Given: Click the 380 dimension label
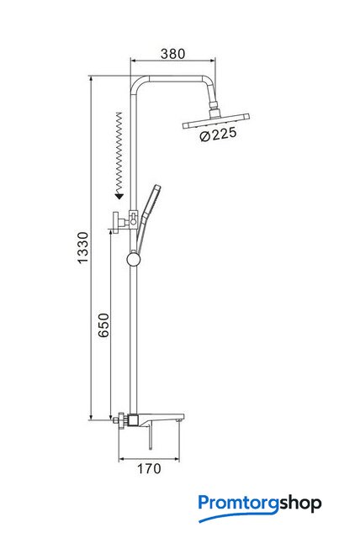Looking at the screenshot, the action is pyautogui.click(x=173, y=54).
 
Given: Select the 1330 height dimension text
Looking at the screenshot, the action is pyautogui.click(x=82, y=247).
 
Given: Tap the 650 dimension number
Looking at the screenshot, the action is pyautogui.click(x=103, y=325).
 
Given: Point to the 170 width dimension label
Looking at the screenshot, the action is pyautogui.click(x=149, y=468).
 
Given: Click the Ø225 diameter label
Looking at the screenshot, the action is pyautogui.click(x=218, y=134).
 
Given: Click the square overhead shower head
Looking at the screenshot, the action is pyautogui.click(x=216, y=121).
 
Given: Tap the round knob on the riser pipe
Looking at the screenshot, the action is pyautogui.click(x=134, y=259).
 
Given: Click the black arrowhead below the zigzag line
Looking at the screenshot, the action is pyautogui.click(x=119, y=196).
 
